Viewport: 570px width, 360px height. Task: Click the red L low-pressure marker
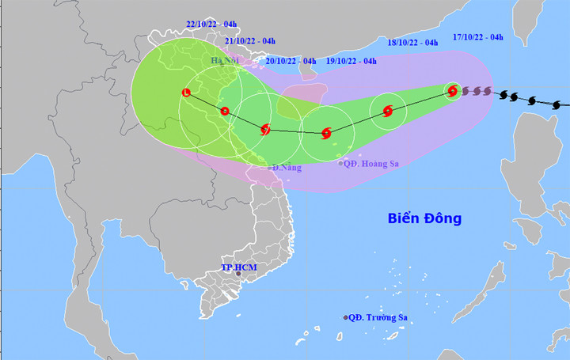click(x=186, y=93)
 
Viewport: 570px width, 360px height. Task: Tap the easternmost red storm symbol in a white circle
click(x=452, y=91)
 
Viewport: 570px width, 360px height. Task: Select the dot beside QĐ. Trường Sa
click(x=346, y=318)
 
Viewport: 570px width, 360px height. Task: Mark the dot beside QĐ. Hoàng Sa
click(x=340, y=164)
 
